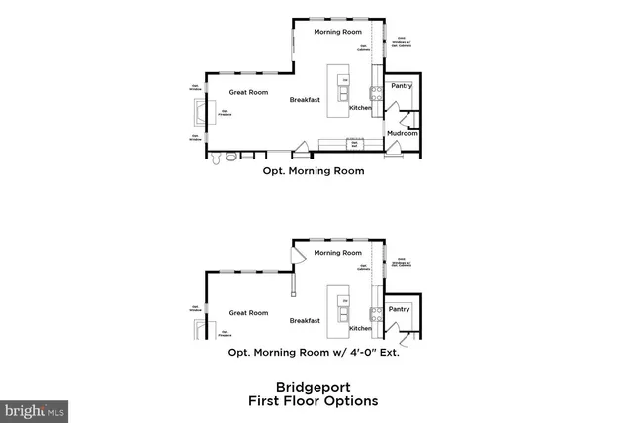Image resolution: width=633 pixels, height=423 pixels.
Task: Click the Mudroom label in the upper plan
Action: pyautogui.click(x=400, y=131)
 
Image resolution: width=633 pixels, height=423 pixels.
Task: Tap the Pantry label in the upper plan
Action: pyautogui.click(x=401, y=86)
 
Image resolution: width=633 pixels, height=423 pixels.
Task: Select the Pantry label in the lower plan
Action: pyautogui.click(x=400, y=309)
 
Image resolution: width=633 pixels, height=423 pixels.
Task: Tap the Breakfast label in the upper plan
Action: pyautogui.click(x=306, y=100)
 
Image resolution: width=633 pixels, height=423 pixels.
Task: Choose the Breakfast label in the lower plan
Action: pyautogui.click(x=306, y=320)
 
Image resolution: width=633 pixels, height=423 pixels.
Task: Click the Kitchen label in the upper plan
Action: pyautogui.click(x=360, y=107)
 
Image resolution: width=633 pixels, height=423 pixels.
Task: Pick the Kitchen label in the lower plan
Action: pyautogui.click(x=360, y=328)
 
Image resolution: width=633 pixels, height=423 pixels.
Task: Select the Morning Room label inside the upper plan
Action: pyautogui.click(x=335, y=32)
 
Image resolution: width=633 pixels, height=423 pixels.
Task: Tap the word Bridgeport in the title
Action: pyautogui.click(x=313, y=388)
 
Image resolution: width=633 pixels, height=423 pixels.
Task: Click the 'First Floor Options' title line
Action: pyautogui.click(x=313, y=401)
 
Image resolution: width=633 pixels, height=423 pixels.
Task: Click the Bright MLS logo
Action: pyautogui.click(x=34, y=408)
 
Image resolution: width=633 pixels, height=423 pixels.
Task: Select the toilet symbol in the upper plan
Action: pyautogui.click(x=231, y=156)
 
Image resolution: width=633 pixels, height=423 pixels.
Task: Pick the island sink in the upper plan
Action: pyautogui.click(x=342, y=93)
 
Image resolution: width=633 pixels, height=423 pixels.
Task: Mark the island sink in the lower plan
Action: pyautogui.click(x=342, y=313)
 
